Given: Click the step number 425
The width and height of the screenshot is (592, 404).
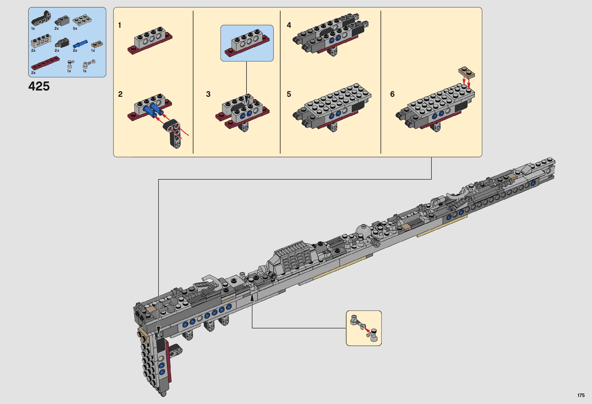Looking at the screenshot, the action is click(39, 86).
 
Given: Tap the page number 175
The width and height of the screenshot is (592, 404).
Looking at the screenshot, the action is click(581, 395).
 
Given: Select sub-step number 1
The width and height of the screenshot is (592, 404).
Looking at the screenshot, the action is click(120, 25).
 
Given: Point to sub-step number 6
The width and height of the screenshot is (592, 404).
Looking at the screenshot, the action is click(392, 94).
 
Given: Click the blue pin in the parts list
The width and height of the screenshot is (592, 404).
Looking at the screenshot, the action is click(80, 44).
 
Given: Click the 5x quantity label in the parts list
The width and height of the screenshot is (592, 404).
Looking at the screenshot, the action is click(75, 28).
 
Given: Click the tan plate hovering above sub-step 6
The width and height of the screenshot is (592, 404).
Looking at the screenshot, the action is click(466, 72).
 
